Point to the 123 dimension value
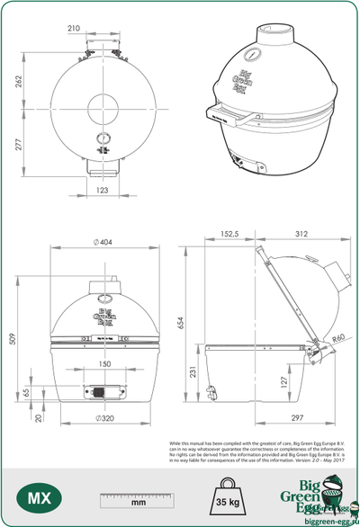click(x=102, y=190)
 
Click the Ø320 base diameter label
click(x=105, y=420)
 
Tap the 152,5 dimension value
click(x=230, y=236)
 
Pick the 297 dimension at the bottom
click(x=298, y=418)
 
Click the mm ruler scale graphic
click(x=138, y=498)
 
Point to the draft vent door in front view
click(x=102, y=391)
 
